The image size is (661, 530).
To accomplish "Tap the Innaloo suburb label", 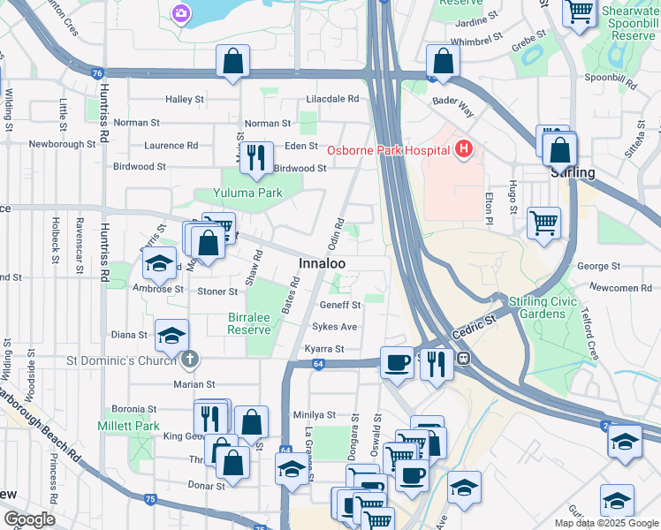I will [322, 264].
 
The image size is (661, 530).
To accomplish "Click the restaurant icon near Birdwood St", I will [256, 156].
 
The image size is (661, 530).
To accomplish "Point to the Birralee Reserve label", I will [249, 322].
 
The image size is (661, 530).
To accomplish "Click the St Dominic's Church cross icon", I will [189, 360].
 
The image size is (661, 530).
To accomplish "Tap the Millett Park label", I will [129, 426].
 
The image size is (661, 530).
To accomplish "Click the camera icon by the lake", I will [181, 12].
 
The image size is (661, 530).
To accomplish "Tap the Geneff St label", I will [341, 305].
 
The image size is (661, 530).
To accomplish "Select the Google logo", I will [30, 519].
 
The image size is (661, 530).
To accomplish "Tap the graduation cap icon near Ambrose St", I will [159, 263].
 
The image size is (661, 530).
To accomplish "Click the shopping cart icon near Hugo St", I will [543, 220].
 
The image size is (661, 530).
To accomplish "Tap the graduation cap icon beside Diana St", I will [171, 335].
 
